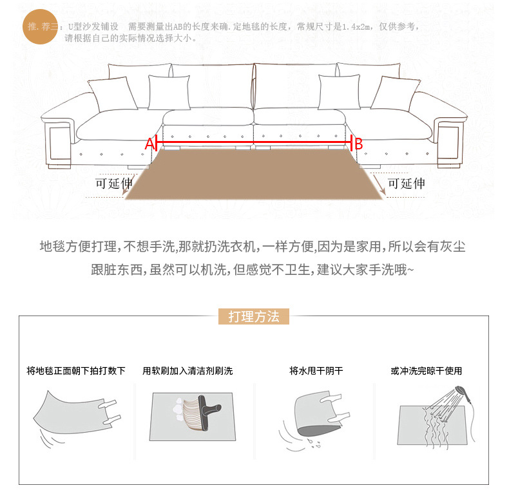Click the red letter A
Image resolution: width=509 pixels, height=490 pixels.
pos(149,144)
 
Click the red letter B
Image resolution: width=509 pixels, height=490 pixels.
pos(360,144)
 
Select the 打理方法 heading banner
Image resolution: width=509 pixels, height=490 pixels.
pos(254,317)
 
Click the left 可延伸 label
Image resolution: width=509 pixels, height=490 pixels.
pos(114,183)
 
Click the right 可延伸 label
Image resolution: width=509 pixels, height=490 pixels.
pos(406,183)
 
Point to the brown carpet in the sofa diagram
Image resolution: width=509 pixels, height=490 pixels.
pos(254,174)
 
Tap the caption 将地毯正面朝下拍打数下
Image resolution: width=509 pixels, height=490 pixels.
pos(75,371)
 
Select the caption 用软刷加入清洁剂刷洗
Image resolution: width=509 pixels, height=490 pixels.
pos(187,371)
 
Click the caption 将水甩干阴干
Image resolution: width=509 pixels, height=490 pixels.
pos(316,371)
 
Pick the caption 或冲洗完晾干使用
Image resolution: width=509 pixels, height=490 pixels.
pos(427,371)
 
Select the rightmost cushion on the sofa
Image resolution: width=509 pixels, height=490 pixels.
pos(394,93)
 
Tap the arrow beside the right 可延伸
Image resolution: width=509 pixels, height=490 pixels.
pos(379,185)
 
